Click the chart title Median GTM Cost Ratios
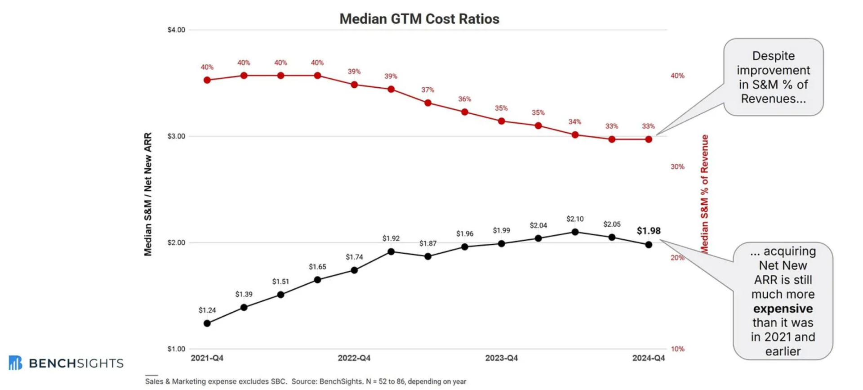(419, 19)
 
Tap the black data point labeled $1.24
(207, 323)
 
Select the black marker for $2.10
(575, 232)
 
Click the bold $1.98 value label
(649, 231)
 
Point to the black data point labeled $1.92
(391, 252)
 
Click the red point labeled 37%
(428, 103)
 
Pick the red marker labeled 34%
(575, 135)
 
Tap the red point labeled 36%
(465, 112)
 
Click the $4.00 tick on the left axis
(176, 30)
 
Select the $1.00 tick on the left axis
(176, 349)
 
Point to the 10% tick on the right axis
(677, 349)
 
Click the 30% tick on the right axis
(677, 167)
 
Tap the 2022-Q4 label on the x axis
(354, 358)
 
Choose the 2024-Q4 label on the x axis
(649, 358)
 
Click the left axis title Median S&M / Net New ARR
(148, 194)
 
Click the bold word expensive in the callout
(783, 309)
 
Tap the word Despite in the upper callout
(774, 56)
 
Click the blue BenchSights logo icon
(15, 363)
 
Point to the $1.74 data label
(354, 257)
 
